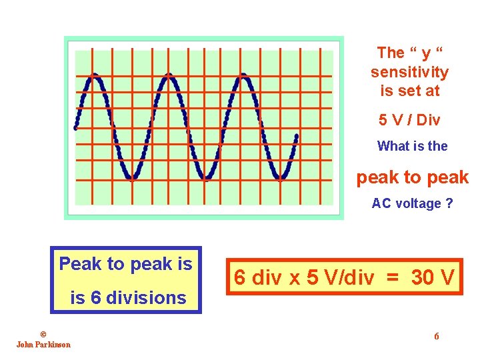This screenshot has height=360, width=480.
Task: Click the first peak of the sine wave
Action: (x=95, y=76)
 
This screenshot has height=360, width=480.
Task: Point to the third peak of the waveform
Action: (x=244, y=76)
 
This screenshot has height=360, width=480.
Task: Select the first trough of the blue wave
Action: (x=133, y=178)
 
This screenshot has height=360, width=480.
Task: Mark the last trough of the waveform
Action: (x=282, y=178)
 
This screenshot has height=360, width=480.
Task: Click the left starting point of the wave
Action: (x=76, y=127)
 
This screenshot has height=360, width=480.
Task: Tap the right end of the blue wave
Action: (x=296, y=137)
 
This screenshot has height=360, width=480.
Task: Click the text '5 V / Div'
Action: (x=409, y=120)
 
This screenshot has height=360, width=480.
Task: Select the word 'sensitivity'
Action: (x=409, y=72)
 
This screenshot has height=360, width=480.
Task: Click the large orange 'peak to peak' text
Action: (x=413, y=177)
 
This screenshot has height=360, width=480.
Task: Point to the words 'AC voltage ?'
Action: (x=412, y=203)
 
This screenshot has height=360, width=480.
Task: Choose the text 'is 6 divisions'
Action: (x=128, y=297)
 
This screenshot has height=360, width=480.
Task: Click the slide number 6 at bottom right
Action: (x=437, y=336)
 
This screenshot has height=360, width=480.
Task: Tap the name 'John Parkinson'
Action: (x=43, y=344)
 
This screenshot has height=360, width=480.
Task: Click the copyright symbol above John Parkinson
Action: (x=43, y=334)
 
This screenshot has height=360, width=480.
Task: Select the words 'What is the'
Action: (x=412, y=146)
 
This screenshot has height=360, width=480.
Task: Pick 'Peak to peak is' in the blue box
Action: (x=125, y=264)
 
